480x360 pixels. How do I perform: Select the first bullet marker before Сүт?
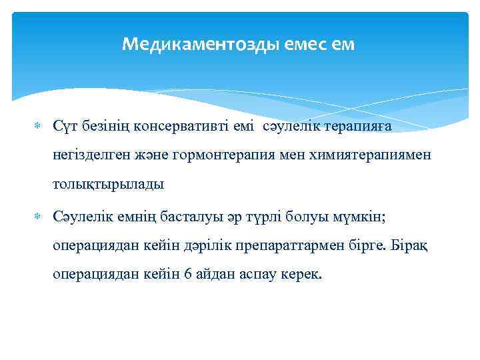[37, 125]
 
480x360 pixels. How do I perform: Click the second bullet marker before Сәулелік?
[37, 217]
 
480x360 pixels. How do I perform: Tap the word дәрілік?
[201, 247]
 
